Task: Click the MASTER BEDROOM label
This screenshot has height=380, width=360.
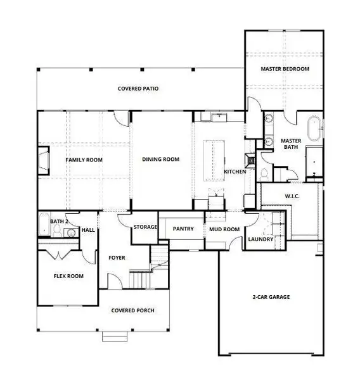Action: coord(285,68)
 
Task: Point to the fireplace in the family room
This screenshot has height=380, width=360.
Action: coord(43,160)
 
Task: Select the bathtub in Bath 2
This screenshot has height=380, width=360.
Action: coord(43,223)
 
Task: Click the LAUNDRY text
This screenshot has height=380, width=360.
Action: coord(260,239)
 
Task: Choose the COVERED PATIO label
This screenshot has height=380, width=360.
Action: coord(138,89)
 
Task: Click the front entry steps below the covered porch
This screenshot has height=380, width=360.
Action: coord(114,337)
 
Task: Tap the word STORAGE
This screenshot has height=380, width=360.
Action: coord(145,227)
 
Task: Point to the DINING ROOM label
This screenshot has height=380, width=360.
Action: coord(161,160)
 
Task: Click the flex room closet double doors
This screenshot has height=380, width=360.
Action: coord(60,255)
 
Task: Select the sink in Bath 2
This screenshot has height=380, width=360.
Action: coord(70,233)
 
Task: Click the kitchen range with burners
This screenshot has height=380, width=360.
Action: coord(251,161)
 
